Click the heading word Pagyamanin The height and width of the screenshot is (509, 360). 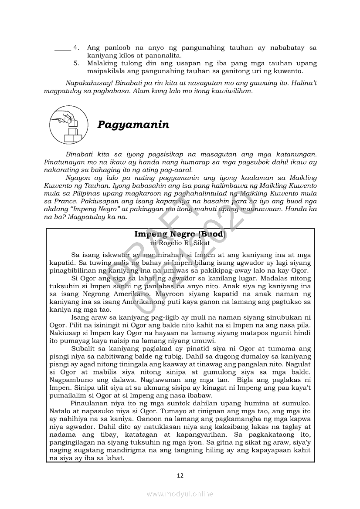pos(133,125)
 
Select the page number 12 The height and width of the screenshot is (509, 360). pos(180,475)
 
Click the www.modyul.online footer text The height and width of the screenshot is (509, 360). pos(180,494)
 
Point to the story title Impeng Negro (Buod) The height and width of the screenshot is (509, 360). pos(180,234)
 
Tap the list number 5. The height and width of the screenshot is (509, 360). pos(76,63)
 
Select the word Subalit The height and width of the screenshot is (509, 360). pos(84,348)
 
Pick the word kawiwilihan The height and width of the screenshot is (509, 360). pos(231,91)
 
